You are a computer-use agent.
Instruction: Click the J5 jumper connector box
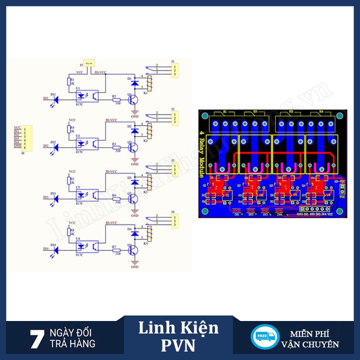(x=89, y=63)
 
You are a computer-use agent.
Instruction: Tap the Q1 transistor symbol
(x=133, y=99)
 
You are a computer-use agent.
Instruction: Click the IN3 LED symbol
(x=55, y=197)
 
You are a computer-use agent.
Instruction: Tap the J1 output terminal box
(x=173, y=69)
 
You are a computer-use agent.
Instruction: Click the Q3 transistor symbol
(x=133, y=198)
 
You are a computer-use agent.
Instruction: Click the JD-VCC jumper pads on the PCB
(x=342, y=189)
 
